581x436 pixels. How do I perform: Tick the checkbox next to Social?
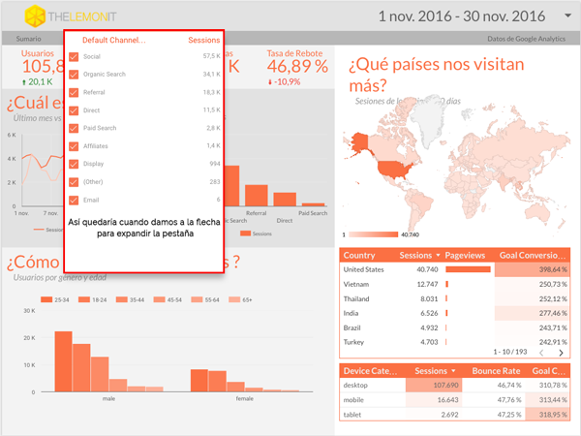(x=74, y=57)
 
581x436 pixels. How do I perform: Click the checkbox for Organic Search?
(x=74, y=75)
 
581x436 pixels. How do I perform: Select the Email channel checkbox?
(x=74, y=199)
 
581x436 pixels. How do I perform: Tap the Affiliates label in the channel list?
(x=97, y=145)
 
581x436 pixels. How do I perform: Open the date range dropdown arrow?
(x=566, y=16)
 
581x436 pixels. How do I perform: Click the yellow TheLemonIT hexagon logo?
(x=34, y=16)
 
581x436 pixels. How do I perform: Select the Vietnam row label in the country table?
(x=358, y=284)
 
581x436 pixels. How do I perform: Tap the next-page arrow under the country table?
(x=561, y=354)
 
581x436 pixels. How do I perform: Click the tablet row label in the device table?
(x=354, y=414)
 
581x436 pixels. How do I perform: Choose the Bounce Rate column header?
(x=497, y=370)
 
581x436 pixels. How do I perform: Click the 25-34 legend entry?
(x=60, y=300)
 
